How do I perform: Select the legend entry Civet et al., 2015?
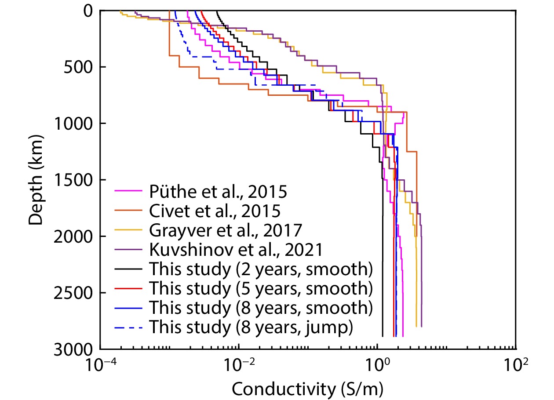click(215, 211)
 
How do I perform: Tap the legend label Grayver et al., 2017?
click(226, 230)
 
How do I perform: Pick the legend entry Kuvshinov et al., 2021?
click(236, 250)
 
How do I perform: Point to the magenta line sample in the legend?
click(129, 192)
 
